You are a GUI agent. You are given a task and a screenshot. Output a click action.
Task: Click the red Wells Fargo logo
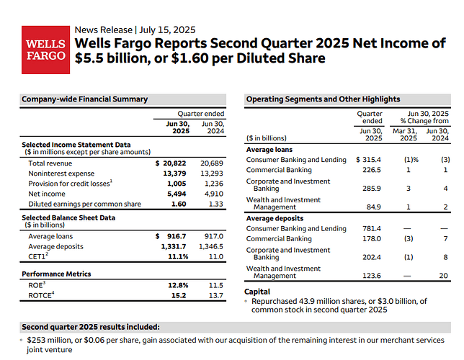coord(45,50)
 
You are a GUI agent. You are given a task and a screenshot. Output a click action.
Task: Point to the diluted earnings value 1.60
coord(179,204)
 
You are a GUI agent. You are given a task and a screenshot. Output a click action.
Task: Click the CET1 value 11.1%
coord(177,257)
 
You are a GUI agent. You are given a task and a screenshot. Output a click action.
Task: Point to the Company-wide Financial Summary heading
coord(84,99)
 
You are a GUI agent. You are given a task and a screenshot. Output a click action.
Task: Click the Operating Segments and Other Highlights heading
coord(323,99)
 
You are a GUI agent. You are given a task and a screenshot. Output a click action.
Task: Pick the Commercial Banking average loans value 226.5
coord(372,170)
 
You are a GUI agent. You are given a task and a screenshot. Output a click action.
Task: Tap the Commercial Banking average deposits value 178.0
coord(372,239)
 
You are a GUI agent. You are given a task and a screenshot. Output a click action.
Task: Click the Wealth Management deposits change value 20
coord(445,275)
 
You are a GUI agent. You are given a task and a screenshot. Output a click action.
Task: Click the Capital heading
coord(259,292)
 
